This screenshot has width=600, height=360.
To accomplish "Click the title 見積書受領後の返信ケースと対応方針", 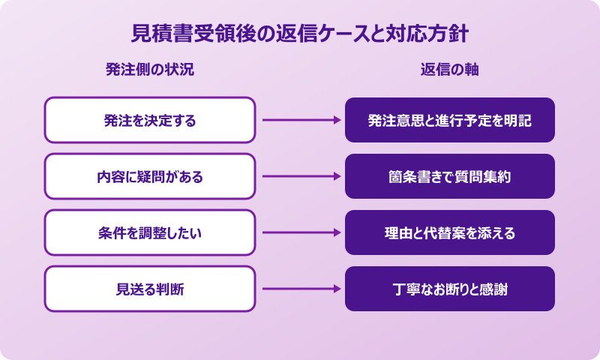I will coord(300,34).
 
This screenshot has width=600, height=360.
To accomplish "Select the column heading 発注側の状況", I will coord(150,70).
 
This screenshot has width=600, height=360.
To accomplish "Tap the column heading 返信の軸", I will coord(450,70).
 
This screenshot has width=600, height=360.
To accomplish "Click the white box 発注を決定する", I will coord(150,120).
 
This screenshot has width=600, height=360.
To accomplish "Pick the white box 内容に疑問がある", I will coord(150,176).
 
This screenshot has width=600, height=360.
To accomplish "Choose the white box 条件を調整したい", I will coord(150,232).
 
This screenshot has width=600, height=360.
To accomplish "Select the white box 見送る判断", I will coord(150,289).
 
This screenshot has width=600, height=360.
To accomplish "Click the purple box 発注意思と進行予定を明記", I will coord(450,120).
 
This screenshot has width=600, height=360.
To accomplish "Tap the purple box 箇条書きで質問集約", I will coord(450,176).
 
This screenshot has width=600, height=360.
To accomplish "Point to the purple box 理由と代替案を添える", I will coord(450,232).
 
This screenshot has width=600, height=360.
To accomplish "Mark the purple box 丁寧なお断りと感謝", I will coord(450,289).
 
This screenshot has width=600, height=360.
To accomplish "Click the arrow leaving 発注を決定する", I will coord(300,120).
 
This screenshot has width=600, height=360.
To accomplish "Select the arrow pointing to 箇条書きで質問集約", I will coord(300,176).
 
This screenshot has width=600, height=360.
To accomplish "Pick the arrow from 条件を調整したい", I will coord(300,232).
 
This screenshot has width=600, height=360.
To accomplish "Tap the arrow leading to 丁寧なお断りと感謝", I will coord(300,289).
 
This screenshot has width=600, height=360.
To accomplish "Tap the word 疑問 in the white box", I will coord(143,176).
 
